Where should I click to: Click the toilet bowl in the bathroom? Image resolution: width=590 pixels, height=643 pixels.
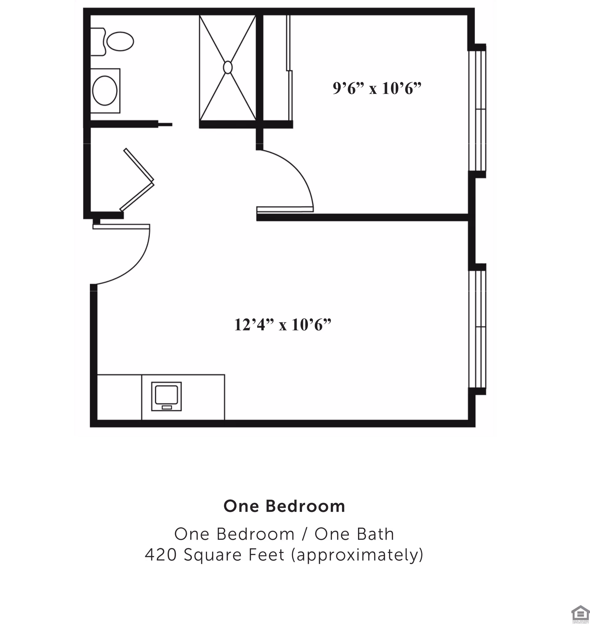[x=120, y=41]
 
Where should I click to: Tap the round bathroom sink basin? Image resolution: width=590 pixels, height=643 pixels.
[x=105, y=90]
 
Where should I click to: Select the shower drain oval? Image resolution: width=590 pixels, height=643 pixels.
[x=228, y=67]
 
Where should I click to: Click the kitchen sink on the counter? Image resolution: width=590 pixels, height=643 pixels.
[x=166, y=395]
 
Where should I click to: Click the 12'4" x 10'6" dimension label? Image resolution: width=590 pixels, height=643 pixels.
[x=282, y=325]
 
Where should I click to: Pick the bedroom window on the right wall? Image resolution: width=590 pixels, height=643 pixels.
[x=477, y=110]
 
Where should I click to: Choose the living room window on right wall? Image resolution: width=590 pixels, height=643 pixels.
[x=477, y=329]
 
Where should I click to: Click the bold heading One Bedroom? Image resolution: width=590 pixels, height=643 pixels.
[x=284, y=506]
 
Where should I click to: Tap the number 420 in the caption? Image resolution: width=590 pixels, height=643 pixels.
[x=161, y=555]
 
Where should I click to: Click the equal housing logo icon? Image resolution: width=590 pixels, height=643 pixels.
[x=580, y=613]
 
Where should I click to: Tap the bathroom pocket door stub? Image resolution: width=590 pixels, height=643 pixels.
[x=165, y=124]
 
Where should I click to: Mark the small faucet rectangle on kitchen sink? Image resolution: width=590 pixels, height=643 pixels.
[x=166, y=407]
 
